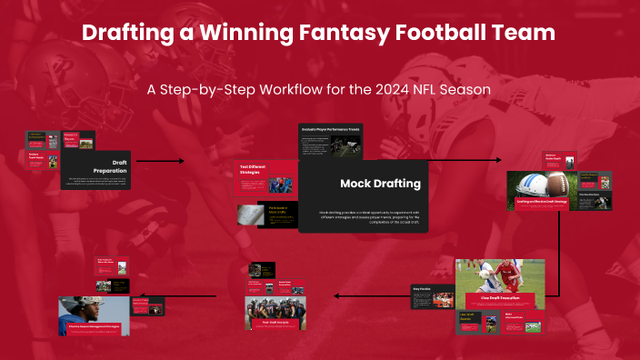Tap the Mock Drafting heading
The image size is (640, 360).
pyautogui.click(x=380, y=184)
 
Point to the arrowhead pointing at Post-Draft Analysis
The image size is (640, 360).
pyautogui.click(x=337, y=295)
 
